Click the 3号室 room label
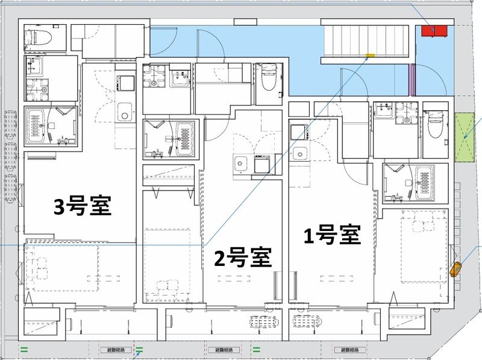tap(82, 207)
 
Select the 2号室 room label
tap(243, 257)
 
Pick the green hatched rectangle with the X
tap(465, 138)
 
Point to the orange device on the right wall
tap(455, 268)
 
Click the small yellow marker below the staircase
tap(370, 57)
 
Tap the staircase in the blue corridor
tap(368, 42)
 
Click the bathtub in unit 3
tap(37, 126)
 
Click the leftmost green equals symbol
tap(25, 349)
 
